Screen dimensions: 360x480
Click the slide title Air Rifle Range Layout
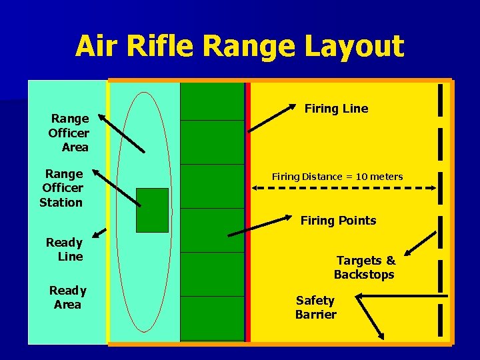[239, 47]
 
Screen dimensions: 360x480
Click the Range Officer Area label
[69, 132]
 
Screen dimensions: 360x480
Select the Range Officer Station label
[62, 188]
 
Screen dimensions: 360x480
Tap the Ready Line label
[65, 249]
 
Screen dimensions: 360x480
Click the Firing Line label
[336, 109]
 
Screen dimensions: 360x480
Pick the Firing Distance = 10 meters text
[337, 177]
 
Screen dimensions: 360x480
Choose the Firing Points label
[338, 221]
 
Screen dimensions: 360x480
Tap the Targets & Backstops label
[365, 267]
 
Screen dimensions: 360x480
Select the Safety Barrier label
[315, 307]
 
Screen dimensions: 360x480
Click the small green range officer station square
[152, 210]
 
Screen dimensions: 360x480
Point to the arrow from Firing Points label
[261, 226]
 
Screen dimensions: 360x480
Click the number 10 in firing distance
[361, 177]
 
